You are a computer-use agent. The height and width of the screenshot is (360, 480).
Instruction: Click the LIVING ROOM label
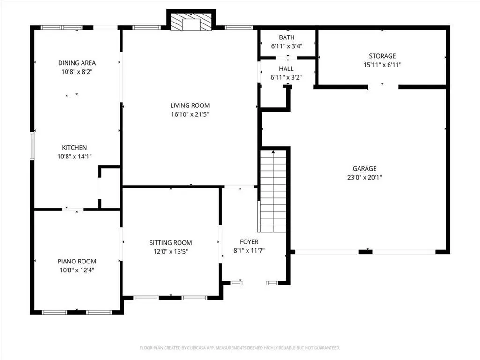(x=190, y=105)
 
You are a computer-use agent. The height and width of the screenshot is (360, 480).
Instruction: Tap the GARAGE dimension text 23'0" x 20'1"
(x=365, y=177)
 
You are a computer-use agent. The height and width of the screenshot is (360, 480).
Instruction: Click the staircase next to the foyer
(x=273, y=191)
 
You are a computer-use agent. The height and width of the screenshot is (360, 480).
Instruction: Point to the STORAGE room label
(x=382, y=56)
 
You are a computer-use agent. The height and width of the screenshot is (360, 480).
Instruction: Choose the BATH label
(x=287, y=37)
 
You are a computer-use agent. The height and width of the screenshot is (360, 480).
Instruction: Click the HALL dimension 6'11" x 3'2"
(x=286, y=77)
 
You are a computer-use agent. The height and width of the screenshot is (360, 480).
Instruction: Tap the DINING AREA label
(x=77, y=63)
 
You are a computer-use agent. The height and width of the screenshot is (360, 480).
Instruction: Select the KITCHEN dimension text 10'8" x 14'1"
(x=75, y=157)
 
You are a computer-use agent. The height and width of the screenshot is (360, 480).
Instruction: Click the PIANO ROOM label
(x=77, y=262)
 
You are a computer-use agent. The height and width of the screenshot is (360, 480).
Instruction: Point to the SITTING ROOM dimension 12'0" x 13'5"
(x=171, y=252)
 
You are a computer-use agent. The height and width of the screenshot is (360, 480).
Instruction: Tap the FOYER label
(x=249, y=242)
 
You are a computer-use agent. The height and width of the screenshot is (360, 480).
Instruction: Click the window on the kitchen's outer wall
(x=32, y=146)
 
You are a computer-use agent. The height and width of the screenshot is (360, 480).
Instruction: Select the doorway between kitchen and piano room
(x=73, y=210)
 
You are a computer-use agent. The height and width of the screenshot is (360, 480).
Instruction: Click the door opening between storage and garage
(x=383, y=87)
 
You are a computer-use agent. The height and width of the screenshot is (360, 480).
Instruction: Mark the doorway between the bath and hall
(x=286, y=58)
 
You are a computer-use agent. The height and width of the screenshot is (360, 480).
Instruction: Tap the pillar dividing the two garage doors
(x=366, y=252)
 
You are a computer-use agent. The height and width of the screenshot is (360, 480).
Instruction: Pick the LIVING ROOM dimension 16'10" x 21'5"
(x=190, y=114)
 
